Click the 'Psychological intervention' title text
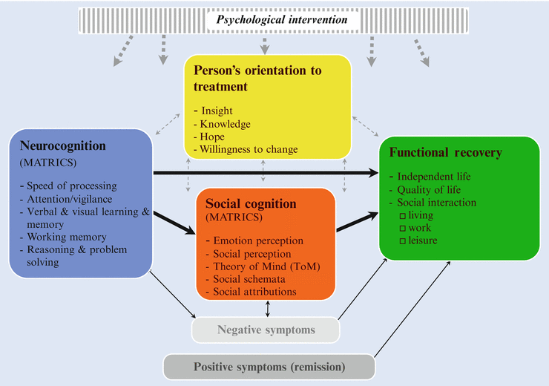click(x=282, y=19)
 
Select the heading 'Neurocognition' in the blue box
click(x=63, y=146)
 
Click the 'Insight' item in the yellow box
click(x=217, y=111)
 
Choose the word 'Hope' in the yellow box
click(x=211, y=137)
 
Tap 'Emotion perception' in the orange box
click(x=257, y=241)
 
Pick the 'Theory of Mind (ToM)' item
click(x=262, y=266)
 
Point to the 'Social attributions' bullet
click(x=254, y=292)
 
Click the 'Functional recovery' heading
click(x=445, y=153)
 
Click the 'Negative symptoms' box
click(x=266, y=330)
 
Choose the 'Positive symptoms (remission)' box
click(x=269, y=367)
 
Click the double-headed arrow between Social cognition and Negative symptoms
click(x=267, y=308)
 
